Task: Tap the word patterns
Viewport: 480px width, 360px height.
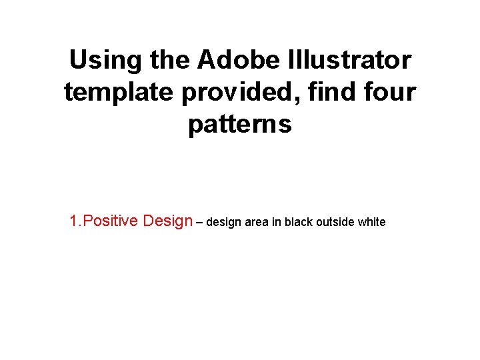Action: pyautogui.click(x=240, y=124)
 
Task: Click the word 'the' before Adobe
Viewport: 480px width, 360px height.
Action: pyautogui.click(x=170, y=61)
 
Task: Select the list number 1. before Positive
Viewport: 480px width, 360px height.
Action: pyautogui.click(x=76, y=221)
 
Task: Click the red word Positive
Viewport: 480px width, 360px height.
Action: pyautogui.click(x=111, y=221)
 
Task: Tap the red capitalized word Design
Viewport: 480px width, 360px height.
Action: pyautogui.click(x=167, y=221)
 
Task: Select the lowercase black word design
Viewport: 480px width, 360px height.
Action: pyautogui.click(x=223, y=222)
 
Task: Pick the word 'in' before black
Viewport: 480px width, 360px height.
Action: pyautogui.click(x=277, y=222)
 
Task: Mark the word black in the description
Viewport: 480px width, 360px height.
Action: pyautogui.click(x=298, y=222)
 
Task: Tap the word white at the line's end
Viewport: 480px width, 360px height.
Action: pyautogui.click(x=371, y=222)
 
